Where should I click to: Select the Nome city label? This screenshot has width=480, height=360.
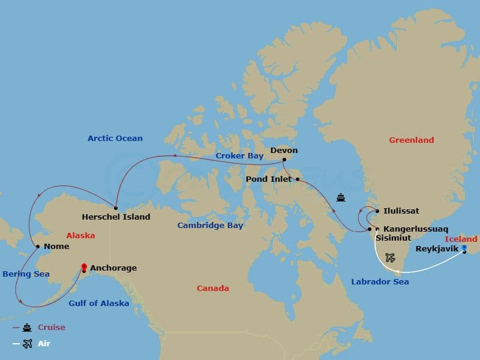tap(56, 247)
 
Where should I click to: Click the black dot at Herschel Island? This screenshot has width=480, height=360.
tap(115, 208)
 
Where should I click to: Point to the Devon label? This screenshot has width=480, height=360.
tap(284, 151)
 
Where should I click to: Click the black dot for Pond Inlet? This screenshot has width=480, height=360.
tap(297, 179)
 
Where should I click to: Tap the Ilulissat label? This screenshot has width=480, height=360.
tap(401, 211)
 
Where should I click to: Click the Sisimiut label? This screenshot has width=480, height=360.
tap(393, 238)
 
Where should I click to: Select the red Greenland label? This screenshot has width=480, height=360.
tap(411, 140)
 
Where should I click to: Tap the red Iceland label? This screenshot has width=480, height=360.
tap(461, 239)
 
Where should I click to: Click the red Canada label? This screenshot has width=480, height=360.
tap(213, 289)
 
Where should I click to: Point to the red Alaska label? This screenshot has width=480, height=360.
tap(80, 236)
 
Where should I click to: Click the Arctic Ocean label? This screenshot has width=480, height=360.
tap(115, 139)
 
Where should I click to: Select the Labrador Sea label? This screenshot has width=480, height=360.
tap(380, 281)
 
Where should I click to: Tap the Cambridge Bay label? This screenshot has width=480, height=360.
tap(210, 226)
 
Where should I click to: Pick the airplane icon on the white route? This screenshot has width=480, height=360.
tap(390, 257)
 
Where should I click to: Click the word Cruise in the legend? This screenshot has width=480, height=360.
tap(52, 328)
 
